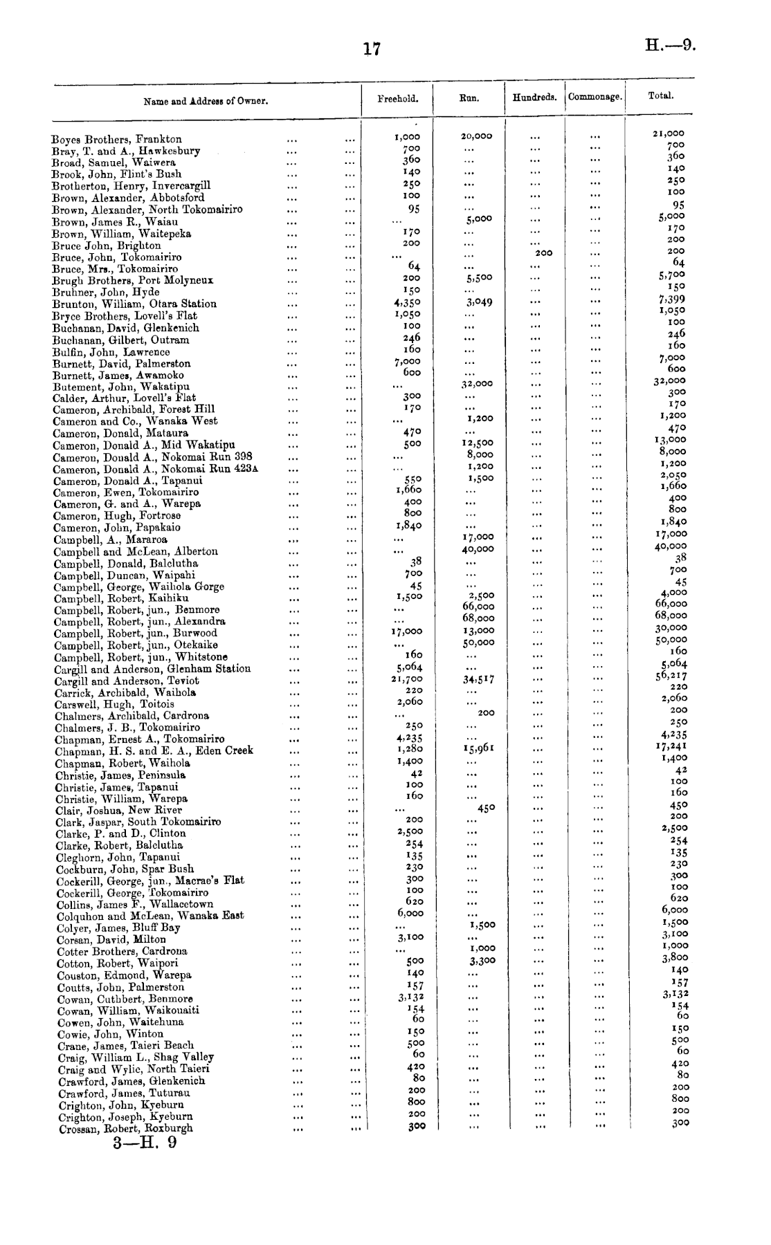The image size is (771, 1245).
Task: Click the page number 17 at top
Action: click(x=372, y=48)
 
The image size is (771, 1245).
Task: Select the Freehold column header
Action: click(x=397, y=98)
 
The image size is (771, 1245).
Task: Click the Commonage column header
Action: click(x=595, y=98)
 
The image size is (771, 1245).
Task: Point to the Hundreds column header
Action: click(x=534, y=98)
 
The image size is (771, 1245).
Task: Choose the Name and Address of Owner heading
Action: click(x=206, y=101)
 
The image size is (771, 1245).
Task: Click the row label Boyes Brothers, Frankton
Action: click(x=117, y=139)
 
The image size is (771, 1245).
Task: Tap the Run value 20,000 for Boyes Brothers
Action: click(x=476, y=136)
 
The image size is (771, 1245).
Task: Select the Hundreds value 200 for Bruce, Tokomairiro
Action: click(x=543, y=253)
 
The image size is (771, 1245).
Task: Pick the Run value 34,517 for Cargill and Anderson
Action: click(x=478, y=679)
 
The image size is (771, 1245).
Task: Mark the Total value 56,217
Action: click(x=671, y=676)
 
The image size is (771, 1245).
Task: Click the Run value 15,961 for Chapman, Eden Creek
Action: click(x=478, y=748)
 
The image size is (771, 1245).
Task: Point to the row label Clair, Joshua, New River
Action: click(x=118, y=810)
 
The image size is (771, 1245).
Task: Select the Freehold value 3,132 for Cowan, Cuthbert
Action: click(x=410, y=997)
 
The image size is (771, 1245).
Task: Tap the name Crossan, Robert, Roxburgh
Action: click(x=124, y=1127)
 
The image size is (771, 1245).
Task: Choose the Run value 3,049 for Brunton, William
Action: click(x=479, y=302)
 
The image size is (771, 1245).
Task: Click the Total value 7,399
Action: click(x=671, y=299)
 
